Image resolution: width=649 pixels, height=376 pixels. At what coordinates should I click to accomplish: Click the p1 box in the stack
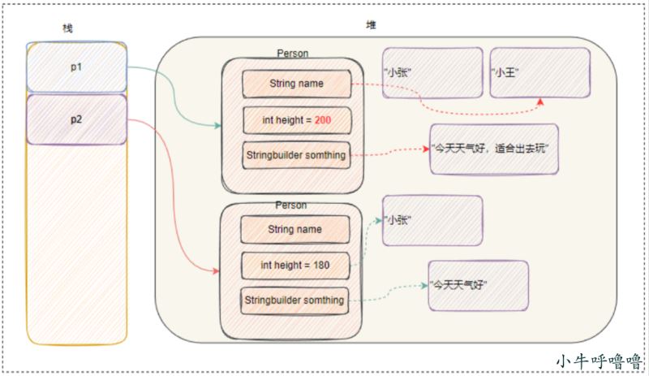click(76, 67)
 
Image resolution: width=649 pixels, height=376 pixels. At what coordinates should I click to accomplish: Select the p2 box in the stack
click(76, 120)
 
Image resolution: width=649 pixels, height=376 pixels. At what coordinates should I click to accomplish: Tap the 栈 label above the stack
click(67, 28)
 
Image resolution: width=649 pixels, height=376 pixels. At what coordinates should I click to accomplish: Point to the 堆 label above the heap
click(371, 25)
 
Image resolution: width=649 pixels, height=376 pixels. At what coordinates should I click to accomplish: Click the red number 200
click(322, 120)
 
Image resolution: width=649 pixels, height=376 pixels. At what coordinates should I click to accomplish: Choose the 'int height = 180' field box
click(295, 266)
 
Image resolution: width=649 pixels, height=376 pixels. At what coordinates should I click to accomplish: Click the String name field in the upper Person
click(297, 84)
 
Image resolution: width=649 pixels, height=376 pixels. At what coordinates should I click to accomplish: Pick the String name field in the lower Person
click(295, 229)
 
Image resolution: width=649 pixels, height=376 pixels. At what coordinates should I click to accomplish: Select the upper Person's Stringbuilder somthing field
click(296, 155)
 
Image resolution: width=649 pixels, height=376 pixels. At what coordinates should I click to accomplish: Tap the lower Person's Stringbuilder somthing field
click(294, 300)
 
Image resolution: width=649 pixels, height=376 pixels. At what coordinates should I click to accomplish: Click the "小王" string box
click(540, 73)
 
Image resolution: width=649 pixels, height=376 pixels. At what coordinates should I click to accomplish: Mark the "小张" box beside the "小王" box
click(432, 73)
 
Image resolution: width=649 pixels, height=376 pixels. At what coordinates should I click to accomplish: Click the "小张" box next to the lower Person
click(432, 221)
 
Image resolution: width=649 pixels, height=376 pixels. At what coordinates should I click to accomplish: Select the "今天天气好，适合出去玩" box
click(494, 149)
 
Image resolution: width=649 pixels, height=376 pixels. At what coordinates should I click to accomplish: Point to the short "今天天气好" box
click(479, 286)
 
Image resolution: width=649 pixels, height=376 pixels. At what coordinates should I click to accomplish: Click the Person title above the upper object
click(293, 54)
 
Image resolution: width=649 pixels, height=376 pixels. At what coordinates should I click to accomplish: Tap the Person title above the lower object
click(291, 205)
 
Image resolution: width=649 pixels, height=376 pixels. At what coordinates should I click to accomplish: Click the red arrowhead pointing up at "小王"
click(540, 102)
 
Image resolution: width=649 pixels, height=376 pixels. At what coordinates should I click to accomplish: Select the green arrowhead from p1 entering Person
click(217, 125)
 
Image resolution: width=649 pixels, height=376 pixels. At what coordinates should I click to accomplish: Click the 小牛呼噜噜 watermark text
click(599, 361)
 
